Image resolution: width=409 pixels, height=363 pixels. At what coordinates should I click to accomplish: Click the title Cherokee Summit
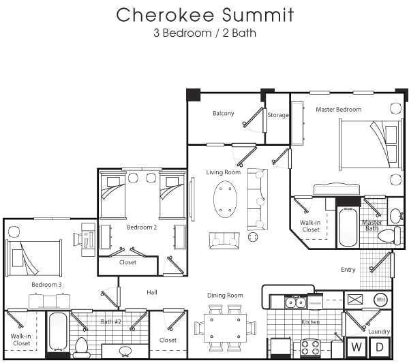tap(204, 14)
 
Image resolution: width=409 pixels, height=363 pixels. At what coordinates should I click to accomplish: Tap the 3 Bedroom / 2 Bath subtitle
tap(204, 31)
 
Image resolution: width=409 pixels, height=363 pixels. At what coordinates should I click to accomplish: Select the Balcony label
tap(223, 113)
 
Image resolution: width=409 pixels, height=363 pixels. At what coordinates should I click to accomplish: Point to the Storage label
tap(277, 115)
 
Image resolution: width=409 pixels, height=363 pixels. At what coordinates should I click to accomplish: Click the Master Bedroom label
tap(338, 109)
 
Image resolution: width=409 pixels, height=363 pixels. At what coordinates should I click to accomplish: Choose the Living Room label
tap(224, 172)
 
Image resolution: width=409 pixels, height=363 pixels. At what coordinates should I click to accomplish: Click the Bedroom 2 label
tap(142, 227)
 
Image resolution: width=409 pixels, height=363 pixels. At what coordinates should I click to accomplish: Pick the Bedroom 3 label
tap(46, 284)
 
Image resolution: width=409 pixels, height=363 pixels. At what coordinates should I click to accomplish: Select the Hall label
tap(152, 292)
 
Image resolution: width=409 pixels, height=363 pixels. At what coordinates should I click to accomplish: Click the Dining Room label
tap(225, 296)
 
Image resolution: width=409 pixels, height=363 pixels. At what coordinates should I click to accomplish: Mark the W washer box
tap(356, 347)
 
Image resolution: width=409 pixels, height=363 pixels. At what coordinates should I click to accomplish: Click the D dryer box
tap(380, 347)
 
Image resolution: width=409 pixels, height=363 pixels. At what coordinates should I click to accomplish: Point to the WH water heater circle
tap(380, 299)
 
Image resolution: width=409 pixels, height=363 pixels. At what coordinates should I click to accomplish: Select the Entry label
tap(348, 270)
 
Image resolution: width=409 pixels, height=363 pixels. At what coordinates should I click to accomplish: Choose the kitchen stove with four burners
tap(310, 347)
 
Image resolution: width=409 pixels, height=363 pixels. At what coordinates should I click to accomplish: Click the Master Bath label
tap(372, 225)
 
